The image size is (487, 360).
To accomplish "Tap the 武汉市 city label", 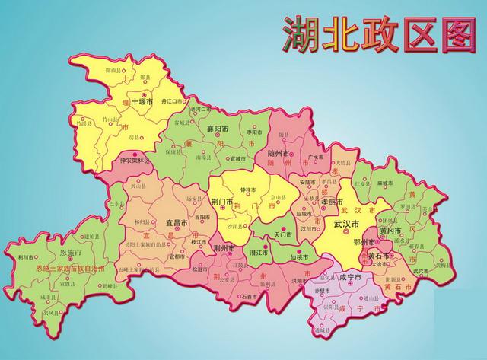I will click(x=348, y=225).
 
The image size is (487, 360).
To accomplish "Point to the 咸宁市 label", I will click(x=352, y=277).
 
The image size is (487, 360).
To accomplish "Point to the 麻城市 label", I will click(x=384, y=183).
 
